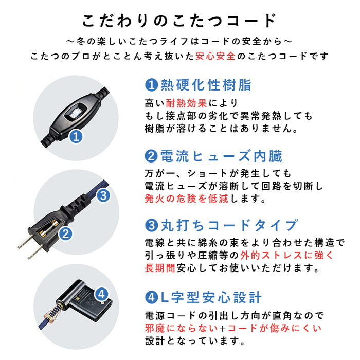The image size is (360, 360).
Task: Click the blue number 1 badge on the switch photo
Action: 76,137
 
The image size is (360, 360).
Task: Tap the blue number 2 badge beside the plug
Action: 65,235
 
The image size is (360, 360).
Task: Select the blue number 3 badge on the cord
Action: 102,195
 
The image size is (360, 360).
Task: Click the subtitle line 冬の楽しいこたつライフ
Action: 180,40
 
